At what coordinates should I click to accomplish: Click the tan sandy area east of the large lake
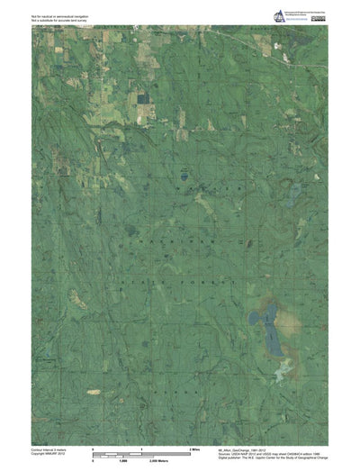[x=285, y=315]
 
